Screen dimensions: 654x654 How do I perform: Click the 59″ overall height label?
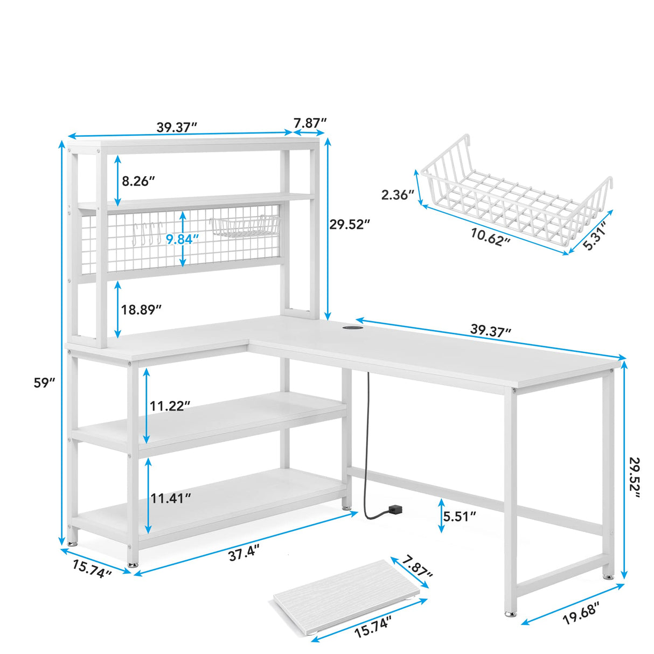45,384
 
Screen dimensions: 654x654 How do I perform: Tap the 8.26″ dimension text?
138,181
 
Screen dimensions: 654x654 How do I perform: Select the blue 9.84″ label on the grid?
179,238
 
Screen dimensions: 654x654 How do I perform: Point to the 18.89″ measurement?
141,310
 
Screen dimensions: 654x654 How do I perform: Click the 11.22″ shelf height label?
170,406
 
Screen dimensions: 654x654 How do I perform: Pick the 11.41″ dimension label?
170,498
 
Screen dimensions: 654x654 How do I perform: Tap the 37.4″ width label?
243,552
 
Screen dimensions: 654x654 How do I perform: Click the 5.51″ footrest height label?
460,516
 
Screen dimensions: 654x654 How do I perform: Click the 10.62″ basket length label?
490,237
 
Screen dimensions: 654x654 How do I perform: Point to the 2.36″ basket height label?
398,194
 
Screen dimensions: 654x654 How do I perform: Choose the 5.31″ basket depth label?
597,236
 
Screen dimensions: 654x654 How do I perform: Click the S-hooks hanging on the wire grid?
148,233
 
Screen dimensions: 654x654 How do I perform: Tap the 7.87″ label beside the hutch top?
310,123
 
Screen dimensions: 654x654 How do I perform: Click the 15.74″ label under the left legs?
92,569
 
